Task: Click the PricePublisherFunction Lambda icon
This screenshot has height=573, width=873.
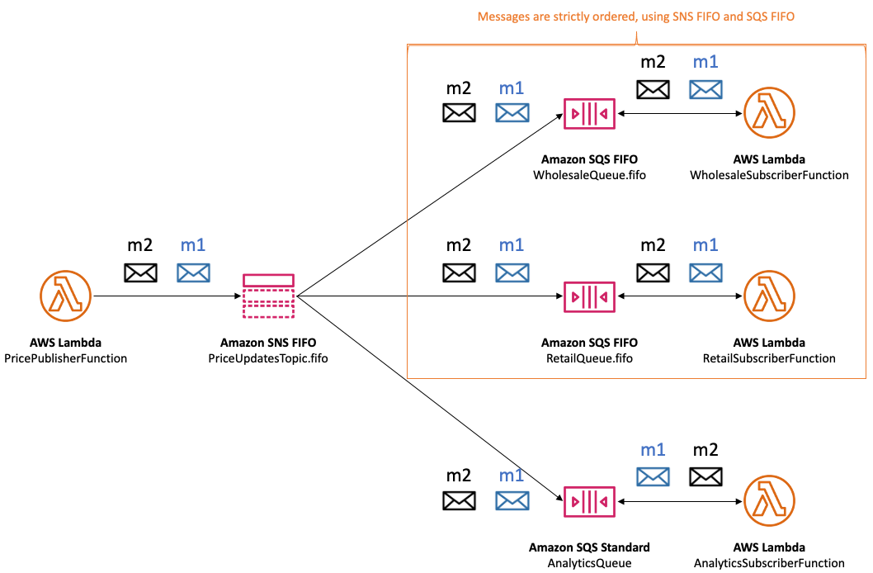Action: point(65,296)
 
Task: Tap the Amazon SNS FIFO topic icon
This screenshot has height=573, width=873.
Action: point(269,296)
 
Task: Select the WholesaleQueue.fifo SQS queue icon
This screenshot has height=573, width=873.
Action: point(589,113)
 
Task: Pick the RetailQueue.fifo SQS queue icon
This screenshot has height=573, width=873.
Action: point(589,296)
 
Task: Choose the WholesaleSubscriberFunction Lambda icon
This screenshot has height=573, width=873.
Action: point(768,113)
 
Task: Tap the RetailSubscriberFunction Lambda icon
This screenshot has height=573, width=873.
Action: point(768,296)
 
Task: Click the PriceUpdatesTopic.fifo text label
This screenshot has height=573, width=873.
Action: point(269,358)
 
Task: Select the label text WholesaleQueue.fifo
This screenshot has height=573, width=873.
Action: point(589,175)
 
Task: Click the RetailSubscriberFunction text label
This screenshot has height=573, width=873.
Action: point(769,358)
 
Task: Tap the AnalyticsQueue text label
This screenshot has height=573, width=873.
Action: point(589,563)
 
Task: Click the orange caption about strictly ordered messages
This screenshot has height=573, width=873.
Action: point(635,17)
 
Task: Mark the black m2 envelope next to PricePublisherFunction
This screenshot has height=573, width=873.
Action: point(140,272)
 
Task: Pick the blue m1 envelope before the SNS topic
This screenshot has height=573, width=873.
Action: point(194,272)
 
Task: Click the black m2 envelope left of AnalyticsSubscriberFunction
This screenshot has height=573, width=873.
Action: point(705,476)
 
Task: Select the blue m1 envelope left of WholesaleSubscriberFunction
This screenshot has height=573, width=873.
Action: point(705,89)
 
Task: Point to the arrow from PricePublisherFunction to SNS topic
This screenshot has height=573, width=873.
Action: point(165,296)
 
